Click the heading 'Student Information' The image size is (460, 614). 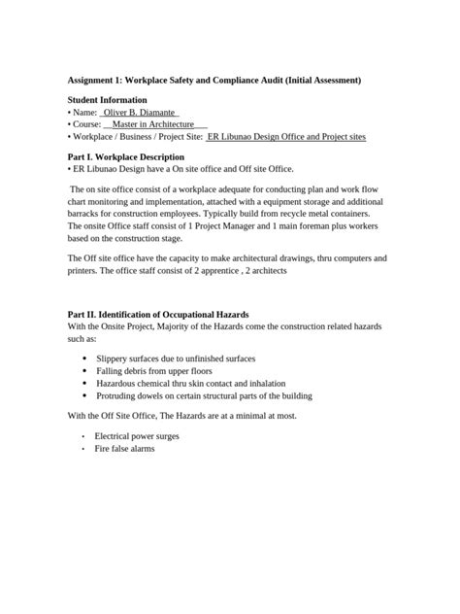tap(108, 100)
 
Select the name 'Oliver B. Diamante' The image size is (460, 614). tap(140, 113)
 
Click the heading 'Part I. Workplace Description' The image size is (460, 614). tap(126, 156)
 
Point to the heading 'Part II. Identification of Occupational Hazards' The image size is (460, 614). tap(158, 315)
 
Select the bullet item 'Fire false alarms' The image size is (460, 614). tap(124, 450)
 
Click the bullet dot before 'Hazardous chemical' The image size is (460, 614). tap(85, 384)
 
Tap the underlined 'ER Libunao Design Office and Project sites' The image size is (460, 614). tap(287, 138)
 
